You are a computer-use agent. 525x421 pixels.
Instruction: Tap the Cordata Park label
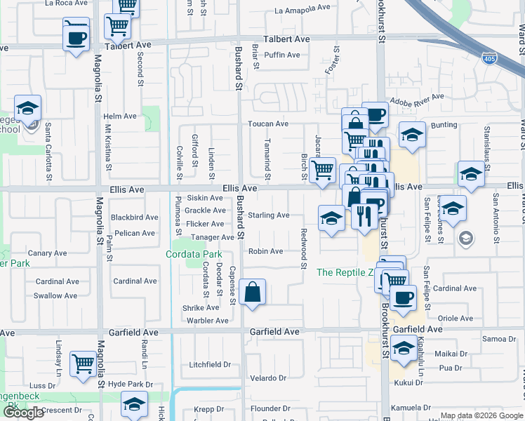194,254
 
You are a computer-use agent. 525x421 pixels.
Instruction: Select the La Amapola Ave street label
303,9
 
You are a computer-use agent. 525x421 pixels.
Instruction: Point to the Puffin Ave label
283,55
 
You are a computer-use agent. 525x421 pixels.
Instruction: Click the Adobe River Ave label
418,100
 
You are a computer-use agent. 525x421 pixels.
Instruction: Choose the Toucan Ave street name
267,123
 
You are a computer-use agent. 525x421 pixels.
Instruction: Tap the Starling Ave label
268,215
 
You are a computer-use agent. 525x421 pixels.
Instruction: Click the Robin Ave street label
265,251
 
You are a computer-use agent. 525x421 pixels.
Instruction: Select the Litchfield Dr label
210,365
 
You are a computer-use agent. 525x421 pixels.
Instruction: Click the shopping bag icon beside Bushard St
252,292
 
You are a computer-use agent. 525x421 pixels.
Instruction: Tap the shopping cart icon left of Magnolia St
83,364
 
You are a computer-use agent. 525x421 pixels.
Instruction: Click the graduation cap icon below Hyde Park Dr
134,405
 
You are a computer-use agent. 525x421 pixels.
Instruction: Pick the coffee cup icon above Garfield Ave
403,298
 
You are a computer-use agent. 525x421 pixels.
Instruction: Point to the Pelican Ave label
135,233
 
